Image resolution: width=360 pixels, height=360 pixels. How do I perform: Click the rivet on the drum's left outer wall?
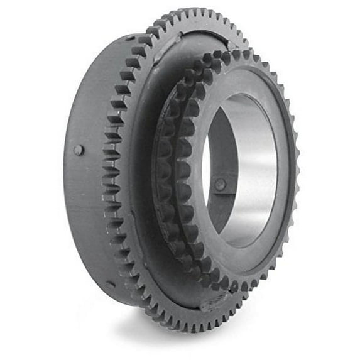(78, 150)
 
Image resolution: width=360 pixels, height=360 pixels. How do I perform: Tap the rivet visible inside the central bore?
(220, 185)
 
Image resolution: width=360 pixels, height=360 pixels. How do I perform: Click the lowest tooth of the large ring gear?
(188, 329)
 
